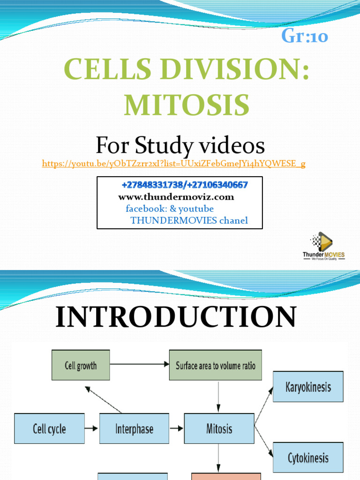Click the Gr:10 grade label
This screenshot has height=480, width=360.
point(305,36)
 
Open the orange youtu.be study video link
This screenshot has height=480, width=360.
point(174,164)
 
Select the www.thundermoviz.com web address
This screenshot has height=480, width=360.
point(176,197)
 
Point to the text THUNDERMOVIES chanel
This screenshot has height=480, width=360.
point(189,220)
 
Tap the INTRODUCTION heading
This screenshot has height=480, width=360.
point(176,317)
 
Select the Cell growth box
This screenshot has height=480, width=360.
point(81,365)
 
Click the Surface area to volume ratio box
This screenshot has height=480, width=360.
point(216,365)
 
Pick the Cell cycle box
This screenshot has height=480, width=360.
point(49,428)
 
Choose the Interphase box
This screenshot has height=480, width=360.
point(134,428)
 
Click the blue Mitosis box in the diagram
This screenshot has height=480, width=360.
point(219,428)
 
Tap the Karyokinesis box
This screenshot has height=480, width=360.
point(308,387)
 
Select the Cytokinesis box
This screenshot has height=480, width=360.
point(308,457)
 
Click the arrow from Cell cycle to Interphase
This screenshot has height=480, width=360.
point(92,428)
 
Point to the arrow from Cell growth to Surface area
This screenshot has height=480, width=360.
point(139,364)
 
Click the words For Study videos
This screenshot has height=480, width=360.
point(180,146)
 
